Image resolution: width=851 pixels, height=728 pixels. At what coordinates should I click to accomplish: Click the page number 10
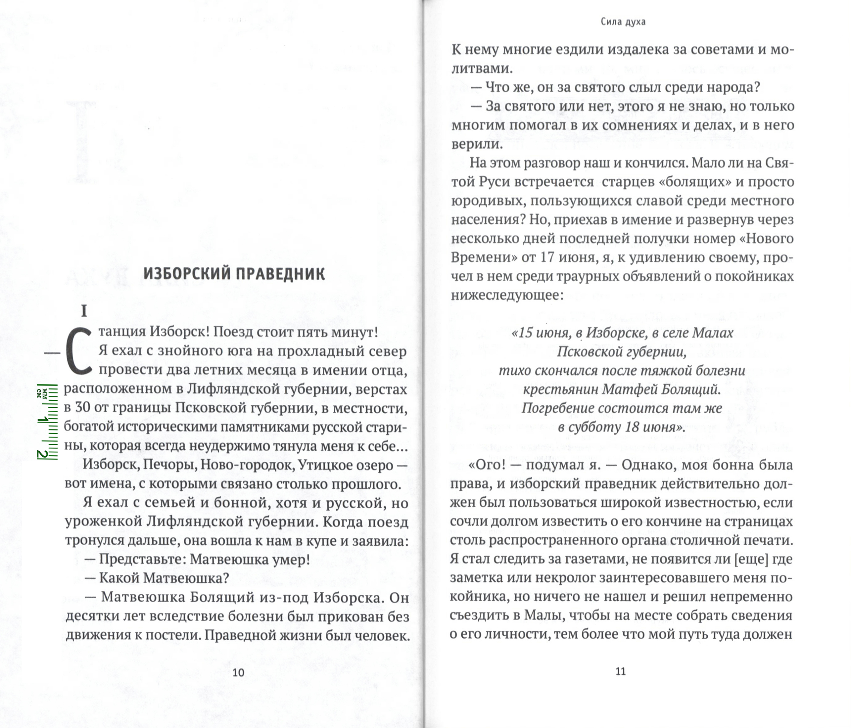click(238, 672)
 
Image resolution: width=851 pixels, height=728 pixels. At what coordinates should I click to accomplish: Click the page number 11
click(620, 671)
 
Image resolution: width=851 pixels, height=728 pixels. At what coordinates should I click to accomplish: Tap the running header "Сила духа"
click(623, 22)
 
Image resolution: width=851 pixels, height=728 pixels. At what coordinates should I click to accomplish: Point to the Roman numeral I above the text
click(84, 312)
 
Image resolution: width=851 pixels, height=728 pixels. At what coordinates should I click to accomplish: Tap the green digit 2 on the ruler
click(41, 454)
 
